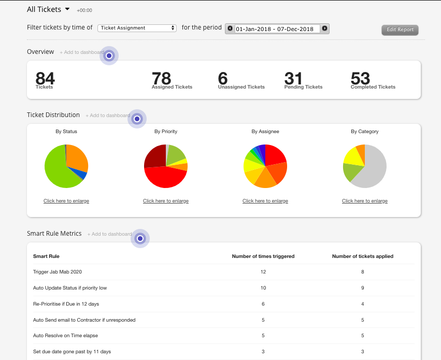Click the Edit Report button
point(400,30)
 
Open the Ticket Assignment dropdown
point(137,28)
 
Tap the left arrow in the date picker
point(230,28)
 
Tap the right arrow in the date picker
point(324,28)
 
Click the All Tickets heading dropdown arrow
point(67,9)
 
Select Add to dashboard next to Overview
point(82,52)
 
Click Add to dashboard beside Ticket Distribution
point(108,116)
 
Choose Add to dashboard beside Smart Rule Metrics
point(110,234)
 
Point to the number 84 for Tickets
point(45,78)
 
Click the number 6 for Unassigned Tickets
point(223,78)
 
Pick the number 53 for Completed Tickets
point(360,78)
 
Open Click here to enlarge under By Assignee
point(265,201)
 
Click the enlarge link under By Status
point(66,201)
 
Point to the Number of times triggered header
point(263,256)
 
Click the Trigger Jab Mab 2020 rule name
point(58,271)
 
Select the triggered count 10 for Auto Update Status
point(263,287)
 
